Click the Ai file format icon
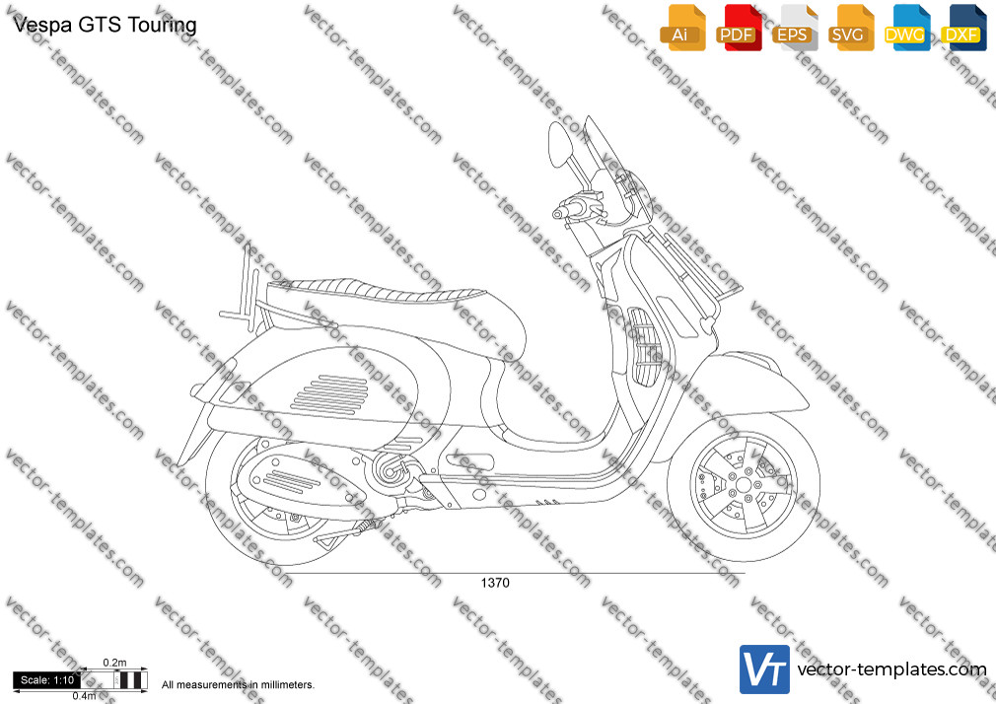(682, 28)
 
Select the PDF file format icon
(739, 28)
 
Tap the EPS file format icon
(795, 28)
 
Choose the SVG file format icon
(850, 28)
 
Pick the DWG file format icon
(907, 28)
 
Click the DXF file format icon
(963, 28)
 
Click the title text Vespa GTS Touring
(105, 25)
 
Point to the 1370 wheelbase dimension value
(495, 583)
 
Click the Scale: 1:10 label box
(46, 680)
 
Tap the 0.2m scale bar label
(114, 663)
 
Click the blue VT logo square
(764, 669)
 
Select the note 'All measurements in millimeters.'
(238, 685)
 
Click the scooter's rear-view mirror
(559, 144)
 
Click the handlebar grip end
(557, 214)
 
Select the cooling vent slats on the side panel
(329, 394)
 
